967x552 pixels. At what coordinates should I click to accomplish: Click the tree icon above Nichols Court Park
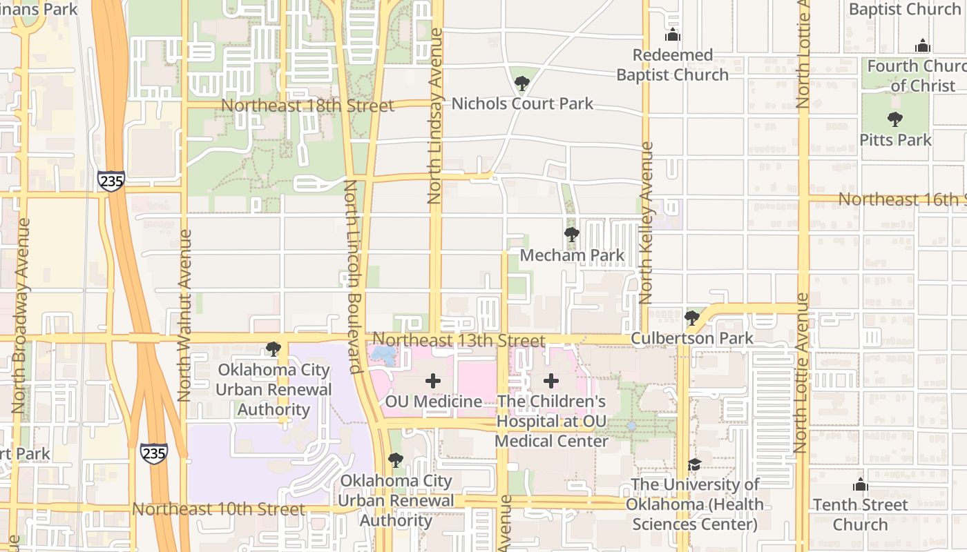522,84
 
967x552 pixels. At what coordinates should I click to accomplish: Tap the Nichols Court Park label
522,104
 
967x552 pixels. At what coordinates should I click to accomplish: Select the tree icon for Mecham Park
571,235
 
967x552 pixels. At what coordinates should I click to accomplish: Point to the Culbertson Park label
692,339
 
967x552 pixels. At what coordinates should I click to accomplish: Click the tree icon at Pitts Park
895,119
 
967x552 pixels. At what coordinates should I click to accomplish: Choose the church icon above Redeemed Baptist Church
672,35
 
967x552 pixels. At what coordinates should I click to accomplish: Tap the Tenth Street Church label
860,515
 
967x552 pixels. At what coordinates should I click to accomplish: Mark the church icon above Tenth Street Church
860,484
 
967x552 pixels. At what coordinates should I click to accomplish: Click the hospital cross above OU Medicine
433,380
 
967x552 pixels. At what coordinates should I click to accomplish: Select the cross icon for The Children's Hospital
551,380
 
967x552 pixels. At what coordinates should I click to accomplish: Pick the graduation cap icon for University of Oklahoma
694,464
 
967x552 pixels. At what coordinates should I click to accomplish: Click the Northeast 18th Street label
307,106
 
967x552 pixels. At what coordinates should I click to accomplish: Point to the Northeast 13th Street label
459,340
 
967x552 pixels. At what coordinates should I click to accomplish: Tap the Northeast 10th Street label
218,509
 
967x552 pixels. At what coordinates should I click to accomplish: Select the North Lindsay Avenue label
434,115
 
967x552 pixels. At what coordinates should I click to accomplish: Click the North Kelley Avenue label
647,223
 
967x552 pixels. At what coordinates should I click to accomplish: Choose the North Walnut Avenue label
184,315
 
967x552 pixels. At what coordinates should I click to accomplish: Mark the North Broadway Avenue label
21,315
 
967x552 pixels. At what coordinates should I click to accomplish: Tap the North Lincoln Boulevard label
353,277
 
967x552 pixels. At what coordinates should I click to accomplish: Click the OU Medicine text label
434,402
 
